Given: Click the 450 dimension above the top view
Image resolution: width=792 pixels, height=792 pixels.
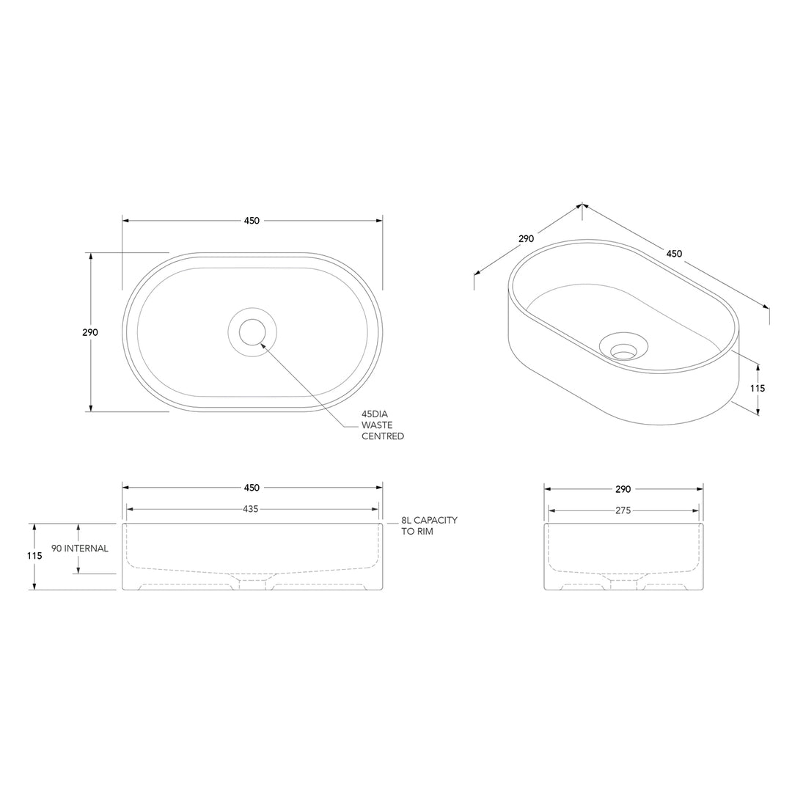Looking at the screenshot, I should tap(252, 221).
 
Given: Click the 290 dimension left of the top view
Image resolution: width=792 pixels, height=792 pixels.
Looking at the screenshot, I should tap(89, 332).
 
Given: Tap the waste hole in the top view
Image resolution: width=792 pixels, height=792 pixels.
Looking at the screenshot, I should tap(252, 332).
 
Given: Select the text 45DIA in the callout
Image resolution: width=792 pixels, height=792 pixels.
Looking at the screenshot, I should tap(375, 414).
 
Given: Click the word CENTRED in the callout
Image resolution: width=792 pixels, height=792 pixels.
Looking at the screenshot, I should tap(382, 436).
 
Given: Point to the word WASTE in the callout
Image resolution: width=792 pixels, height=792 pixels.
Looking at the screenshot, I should tap(377, 425).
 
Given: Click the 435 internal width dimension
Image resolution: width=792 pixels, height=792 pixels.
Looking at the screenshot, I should tap(251, 509).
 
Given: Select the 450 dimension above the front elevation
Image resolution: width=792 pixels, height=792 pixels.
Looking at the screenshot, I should tap(252, 488).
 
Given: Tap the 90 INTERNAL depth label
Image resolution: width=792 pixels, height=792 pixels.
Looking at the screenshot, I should tap(80, 549).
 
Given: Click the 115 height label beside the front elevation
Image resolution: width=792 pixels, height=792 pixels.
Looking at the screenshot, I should tap(34, 556).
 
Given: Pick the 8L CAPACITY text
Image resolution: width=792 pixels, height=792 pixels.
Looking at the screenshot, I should tap(429, 520).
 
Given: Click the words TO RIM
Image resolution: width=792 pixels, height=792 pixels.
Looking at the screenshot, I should tap(417, 531).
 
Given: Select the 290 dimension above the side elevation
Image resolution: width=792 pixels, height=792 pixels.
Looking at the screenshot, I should tap(623, 489).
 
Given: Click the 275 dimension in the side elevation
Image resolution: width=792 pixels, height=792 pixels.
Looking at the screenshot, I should tap(623, 510).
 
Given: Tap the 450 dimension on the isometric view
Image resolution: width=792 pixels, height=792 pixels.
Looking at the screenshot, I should tap(674, 254).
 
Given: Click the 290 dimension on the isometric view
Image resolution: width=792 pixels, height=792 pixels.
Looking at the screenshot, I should tap(526, 238).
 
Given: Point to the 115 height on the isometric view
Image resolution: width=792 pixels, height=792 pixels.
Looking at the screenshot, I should tap(758, 388).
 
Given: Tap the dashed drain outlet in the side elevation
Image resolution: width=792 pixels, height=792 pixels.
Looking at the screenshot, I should tap(623, 583).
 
